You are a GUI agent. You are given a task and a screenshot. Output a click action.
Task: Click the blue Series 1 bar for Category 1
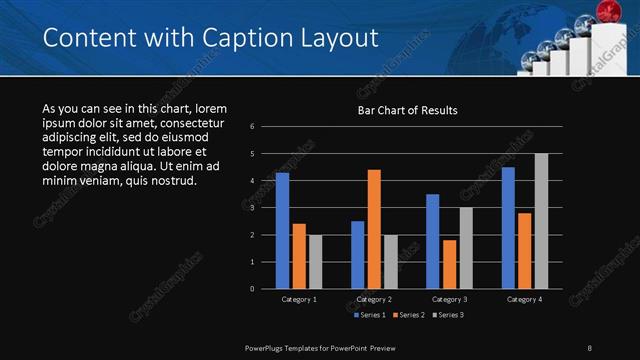pyautogui.click(x=282, y=230)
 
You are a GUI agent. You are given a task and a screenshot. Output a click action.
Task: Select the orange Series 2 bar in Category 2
pyautogui.click(x=374, y=228)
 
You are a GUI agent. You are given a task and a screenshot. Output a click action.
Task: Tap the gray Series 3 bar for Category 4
pyautogui.click(x=541, y=220)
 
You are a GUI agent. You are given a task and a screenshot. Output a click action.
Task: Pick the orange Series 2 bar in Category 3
pyautogui.click(x=449, y=263)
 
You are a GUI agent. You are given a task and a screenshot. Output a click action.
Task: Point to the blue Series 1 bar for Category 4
pyautogui.click(x=508, y=227)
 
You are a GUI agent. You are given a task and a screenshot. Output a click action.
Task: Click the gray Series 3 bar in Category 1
pyautogui.click(x=315, y=261)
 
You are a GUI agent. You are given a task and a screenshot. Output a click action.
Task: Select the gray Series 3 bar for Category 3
pyautogui.click(x=465, y=247)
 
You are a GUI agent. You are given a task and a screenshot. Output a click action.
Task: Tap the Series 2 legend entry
pyautogui.click(x=408, y=315)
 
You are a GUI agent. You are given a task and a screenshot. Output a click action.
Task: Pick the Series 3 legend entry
pyautogui.click(x=449, y=315)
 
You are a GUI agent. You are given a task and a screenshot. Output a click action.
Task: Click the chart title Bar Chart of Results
pyautogui.click(x=407, y=110)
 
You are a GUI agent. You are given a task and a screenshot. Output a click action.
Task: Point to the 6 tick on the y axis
pyautogui.click(x=253, y=126)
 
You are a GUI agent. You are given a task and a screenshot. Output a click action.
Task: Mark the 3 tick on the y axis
pyautogui.click(x=253, y=208)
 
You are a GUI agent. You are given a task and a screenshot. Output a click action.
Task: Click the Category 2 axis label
pyautogui.click(x=374, y=299)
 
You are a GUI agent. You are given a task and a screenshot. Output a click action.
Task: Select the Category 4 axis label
pyautogui.click(x=525, y=299)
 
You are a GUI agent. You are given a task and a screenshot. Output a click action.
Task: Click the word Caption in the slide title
pyautogui.click(x=241, y=39)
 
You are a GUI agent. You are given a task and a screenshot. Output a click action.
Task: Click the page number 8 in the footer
pyautogui.click(x=590, y=347)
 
